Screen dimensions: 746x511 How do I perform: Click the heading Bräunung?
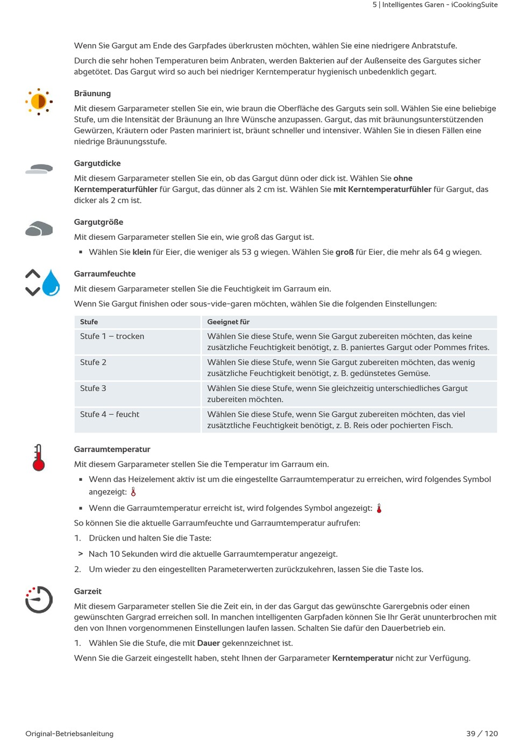click(x=93, y=94)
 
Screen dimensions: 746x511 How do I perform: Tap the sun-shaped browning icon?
click(x=39, y=101)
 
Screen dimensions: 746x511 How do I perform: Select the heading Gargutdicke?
click(x=97, y=164)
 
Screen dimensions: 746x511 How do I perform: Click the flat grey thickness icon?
click(x=39, y=169)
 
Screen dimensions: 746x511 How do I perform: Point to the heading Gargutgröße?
click(x=98, y=222)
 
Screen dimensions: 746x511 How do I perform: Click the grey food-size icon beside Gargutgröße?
click(x=39, y=229)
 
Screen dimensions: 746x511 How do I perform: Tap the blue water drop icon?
click(x=51, y=283)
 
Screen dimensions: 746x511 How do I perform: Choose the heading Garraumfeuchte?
click(x=105, y=274)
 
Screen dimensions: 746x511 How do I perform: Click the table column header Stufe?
click(x=89, y=322)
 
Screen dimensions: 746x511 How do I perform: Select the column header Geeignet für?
click(x=229, y=322)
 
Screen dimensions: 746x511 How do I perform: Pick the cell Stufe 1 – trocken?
click(x=112, y=336)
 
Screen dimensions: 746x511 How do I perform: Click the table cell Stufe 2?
click(x=94, y=363)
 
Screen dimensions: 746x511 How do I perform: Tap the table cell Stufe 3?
click(x=94, y=388)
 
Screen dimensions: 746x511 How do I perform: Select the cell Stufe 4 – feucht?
click(x=110, y=414)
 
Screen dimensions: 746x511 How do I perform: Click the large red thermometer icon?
click(x=39, y=458)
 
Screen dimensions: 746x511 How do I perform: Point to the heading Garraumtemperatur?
click(x=112, y=449)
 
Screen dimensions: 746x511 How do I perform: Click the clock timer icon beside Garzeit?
click(x=39, y=599)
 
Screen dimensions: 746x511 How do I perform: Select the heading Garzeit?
click(x=88, y=591)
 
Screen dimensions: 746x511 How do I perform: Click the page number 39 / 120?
click(x=482, y=734)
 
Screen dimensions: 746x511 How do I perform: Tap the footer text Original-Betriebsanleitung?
click(x=69, y=734)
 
